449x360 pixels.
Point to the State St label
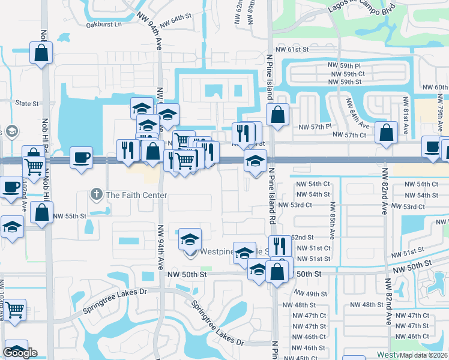click(x=27, y=103)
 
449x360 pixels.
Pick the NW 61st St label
click(x=292, y=50)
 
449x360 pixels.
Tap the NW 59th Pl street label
click(x=345, y=64)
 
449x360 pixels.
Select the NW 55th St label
click(x=70, y=216)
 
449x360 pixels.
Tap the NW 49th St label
click(x=310, y=294)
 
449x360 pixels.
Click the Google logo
click(x=20, y=353)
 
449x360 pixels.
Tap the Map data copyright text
click(x=423, y=355)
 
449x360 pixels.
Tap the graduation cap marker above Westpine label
click(x=190, y=239)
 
